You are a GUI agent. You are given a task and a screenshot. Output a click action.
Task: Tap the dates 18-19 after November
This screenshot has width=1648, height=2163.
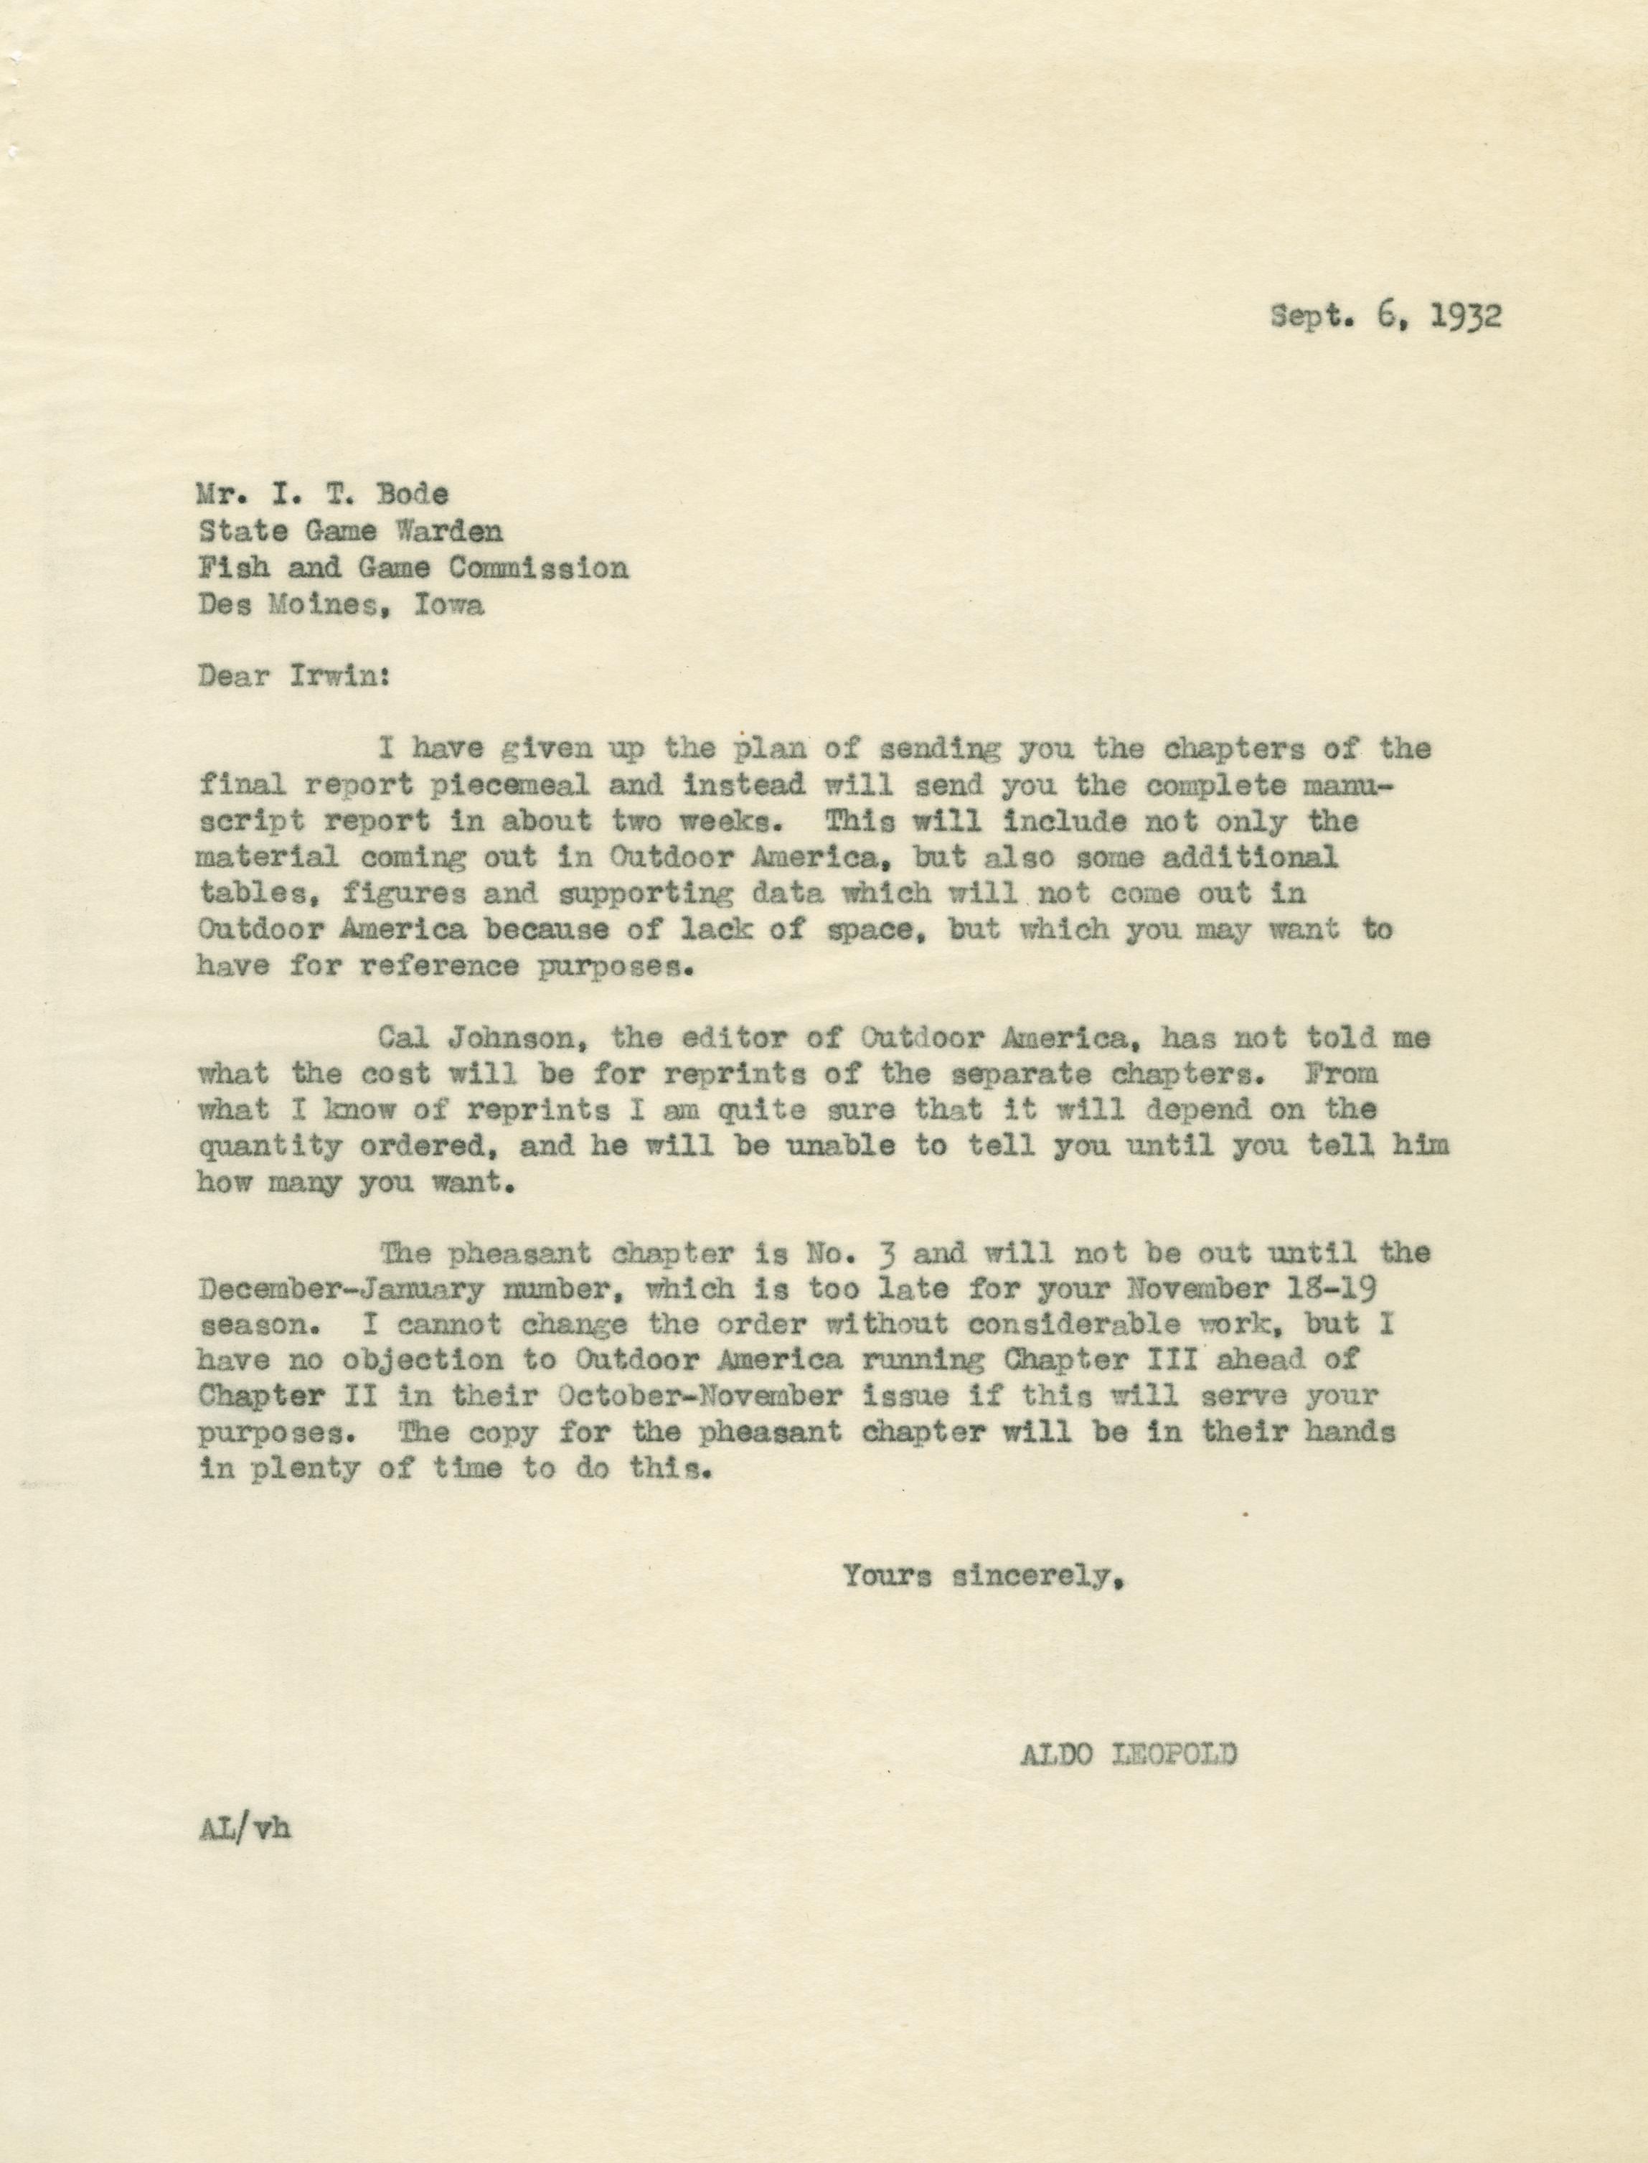1344,1288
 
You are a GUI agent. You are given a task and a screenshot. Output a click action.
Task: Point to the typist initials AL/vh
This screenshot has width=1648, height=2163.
244,1828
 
